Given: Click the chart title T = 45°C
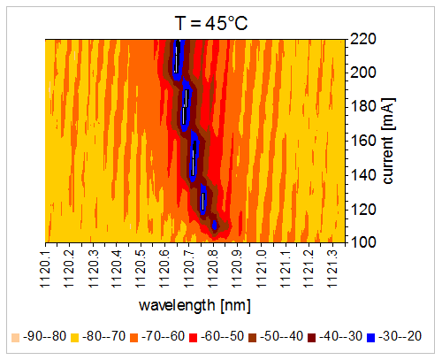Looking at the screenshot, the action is pyautogui.click(x=211, y=23).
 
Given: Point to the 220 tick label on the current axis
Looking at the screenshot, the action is pyautogui.click(x=362, y=39).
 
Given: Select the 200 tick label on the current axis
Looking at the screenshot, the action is pyautogui.click(x=362, y=73).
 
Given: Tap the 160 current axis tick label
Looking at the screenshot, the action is pyautogui.click(x=362, y=141).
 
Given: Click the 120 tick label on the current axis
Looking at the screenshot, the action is pyautogui.click(x=362, y=210).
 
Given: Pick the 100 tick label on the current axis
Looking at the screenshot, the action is pyautogui.click(x=362, y=242).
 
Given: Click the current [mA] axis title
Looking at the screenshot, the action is pyautogui.click(x=388, y=141).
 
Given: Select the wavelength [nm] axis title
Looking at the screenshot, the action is pyautogui.click(x=194, y=305).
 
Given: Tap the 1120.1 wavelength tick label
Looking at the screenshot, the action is pyautogui.click(x=45, y=269).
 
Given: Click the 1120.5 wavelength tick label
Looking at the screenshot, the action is pyautogui.click(x=141, y=269).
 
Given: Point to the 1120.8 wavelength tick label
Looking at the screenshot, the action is pyautogui.click(x=212, y=269).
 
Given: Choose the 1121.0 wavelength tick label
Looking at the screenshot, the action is pyautogui.click(x=261, y=269).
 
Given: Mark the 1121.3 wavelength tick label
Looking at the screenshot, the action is pyautogui.click(x=332, y=269).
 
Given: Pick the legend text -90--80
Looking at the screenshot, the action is pyautogui.click(x=44, y=336).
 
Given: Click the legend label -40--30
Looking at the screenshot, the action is pyautogui.click(x=340, y=336).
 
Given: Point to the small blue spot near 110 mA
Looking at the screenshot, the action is pyautogui.click(x=215, y=226).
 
